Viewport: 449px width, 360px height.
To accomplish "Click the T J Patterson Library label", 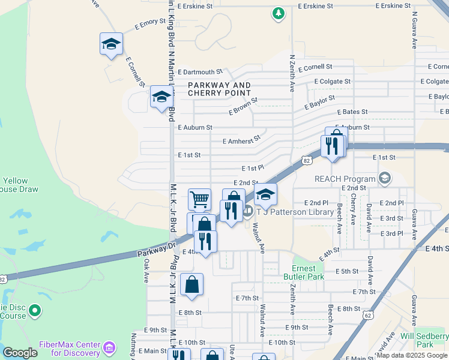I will pos(295,212).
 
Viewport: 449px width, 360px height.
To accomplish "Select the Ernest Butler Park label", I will pos(308,272).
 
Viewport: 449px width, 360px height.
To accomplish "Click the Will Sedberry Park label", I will pos(424,340).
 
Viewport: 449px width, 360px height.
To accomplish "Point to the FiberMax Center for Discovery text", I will pos(69,348).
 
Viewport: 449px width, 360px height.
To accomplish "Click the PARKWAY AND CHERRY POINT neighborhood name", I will pos(219,89).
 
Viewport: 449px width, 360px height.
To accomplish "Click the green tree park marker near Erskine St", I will pos(278,13).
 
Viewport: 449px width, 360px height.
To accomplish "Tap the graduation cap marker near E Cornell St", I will pos(111,44).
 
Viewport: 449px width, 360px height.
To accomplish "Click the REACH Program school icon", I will pos(385,178).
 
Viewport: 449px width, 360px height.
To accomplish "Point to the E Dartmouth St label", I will pos(196,71).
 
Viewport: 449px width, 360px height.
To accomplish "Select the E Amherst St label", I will pos(241,140).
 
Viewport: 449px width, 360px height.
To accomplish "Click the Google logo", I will pos(20,353).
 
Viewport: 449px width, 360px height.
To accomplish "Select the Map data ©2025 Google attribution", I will pos(412,355).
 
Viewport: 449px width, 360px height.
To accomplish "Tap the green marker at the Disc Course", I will pos(35,310).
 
